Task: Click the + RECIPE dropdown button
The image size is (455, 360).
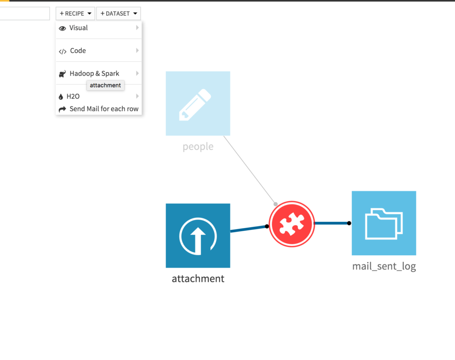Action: pos(75,14)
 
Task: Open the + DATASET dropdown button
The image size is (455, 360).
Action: pos(118,14)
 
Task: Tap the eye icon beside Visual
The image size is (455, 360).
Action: pos(62,28)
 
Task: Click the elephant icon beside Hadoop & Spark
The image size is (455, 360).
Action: pos(62,74)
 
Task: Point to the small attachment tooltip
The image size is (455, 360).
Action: pos(105,85)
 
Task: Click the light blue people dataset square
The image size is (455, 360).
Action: pos(198,103)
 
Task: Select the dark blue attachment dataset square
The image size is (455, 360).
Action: pos(198,235)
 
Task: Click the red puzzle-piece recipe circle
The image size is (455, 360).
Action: pos(291,223)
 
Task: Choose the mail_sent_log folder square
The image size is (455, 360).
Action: pos(383,223)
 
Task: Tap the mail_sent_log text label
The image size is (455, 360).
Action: pos(384,266)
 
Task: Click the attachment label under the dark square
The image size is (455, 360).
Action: pos(198,279)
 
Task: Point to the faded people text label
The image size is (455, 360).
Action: pos(198,146)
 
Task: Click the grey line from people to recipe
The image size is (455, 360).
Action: pos(249,169)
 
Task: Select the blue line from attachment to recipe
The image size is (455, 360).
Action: pos(248,229)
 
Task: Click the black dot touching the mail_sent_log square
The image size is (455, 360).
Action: pos(349,223)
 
